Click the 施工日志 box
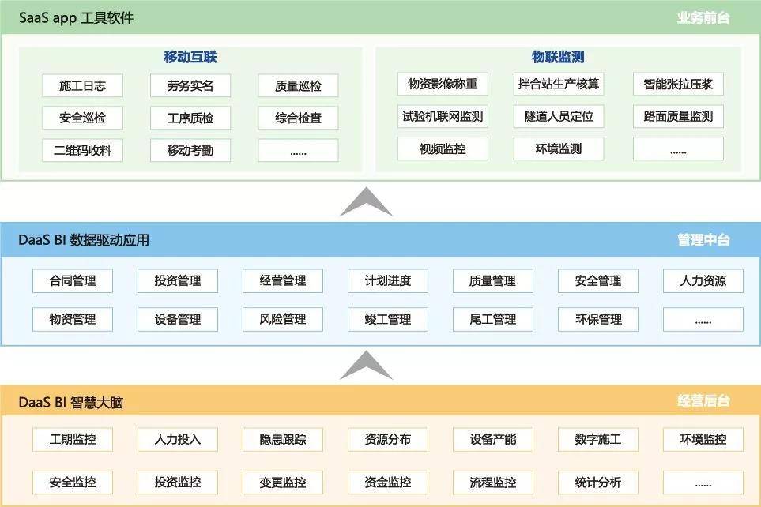point(82,85)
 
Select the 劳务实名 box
point(190,85)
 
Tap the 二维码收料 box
point(82,150)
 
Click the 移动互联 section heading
point(190,57)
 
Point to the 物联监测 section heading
point(558,57)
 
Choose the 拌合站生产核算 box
point(559,84)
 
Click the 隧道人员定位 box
point(559,116)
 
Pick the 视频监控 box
point(443,148)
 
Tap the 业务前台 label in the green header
point(703,18)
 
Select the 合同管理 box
point(73,280)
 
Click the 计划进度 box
point(388,280)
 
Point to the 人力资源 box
point(703,280)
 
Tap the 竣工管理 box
point(388,319)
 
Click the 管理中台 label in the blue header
point(703,239)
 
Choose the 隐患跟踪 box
point(283,439)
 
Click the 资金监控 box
point(388,483)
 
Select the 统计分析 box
point(598,483)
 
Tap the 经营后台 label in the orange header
point(703,400)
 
